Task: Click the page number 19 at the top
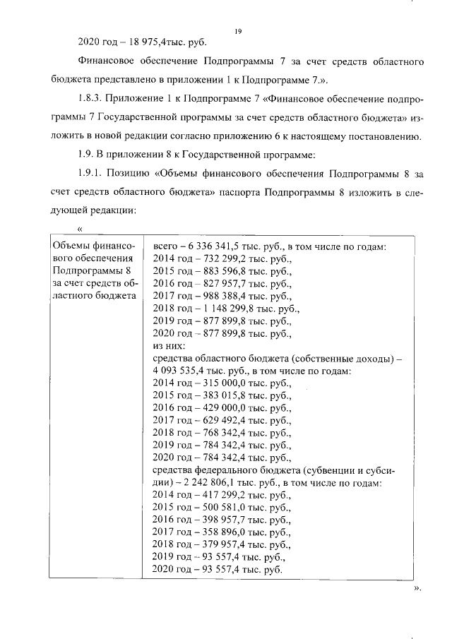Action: click(238, 30)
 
